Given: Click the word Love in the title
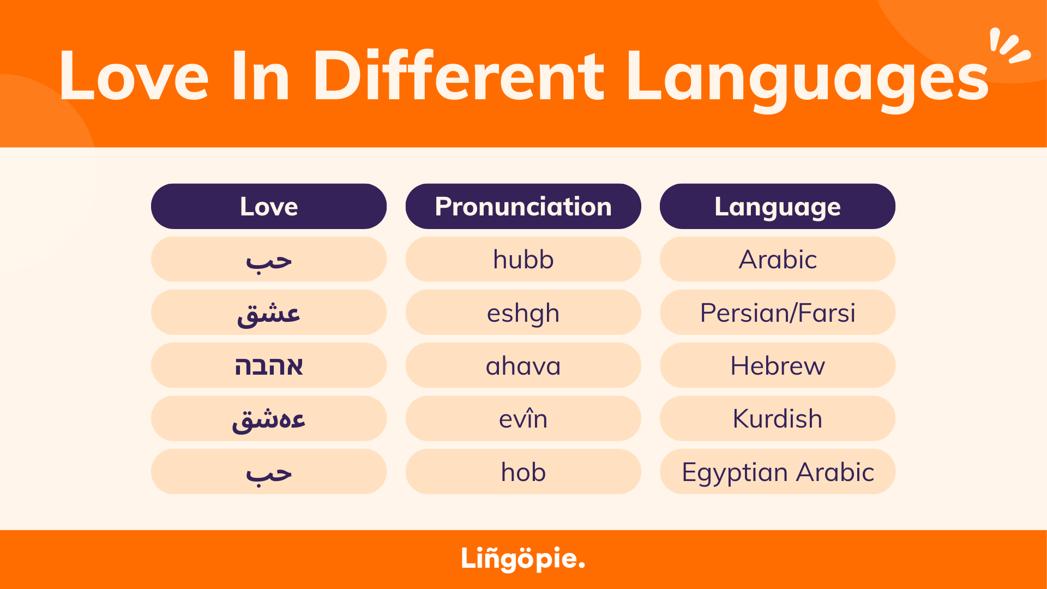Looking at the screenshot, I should click(x=134, y=76).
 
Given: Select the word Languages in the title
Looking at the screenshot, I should click(x=807, y=79).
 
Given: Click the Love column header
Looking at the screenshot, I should click(x=269, y=207).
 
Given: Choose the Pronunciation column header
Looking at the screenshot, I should click(x=523, y=207).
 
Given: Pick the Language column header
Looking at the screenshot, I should click(x=777, y=207).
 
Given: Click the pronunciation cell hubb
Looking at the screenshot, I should click(x=523, y=260).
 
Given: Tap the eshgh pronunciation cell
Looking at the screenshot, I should click(x=523, y=312).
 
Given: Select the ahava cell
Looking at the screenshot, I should click(x=523, y=365).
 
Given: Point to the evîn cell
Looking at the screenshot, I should click(x=523, y=419).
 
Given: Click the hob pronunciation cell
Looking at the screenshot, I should click(x=523, y=472).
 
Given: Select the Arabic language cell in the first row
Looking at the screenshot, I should click(x=777, y=260).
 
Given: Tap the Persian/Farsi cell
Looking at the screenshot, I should click(x=777, y=312).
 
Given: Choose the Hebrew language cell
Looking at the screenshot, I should click(x=777, y=365).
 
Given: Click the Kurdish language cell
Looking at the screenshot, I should click(x=777, y=419).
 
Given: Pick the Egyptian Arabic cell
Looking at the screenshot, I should click(x=777, y=472).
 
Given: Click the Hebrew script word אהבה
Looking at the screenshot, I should click(x=269, y=365).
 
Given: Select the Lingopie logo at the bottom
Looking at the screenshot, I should click(x=522, y=558).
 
